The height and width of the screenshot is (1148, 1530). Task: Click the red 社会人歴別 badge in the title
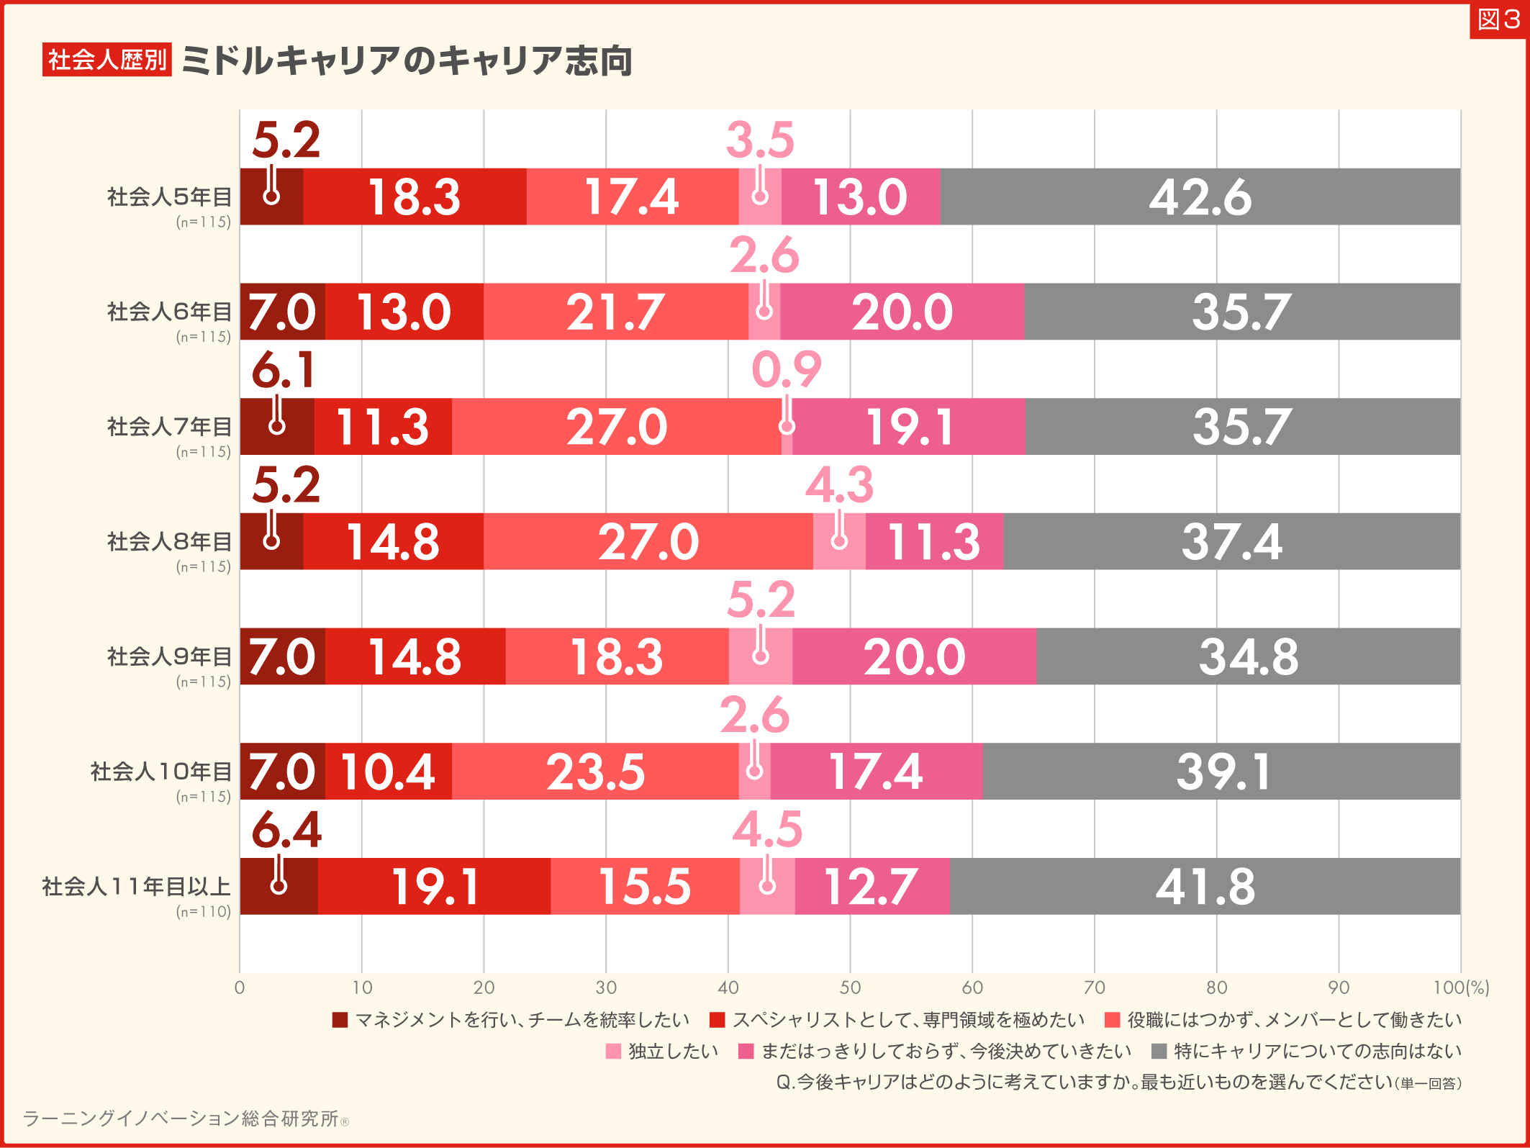click(107, 60)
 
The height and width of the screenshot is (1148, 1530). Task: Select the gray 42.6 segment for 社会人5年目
click(1200, 197)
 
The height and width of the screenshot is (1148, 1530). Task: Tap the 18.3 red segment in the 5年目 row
click(415, 197)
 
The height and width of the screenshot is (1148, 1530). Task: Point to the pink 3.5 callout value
click(760, 140)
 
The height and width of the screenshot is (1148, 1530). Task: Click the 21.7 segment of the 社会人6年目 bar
click(615, 312)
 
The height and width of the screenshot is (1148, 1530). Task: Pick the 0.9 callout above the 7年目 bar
click(786, 370)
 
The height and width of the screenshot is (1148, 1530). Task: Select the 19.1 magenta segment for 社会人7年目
click(909, 427)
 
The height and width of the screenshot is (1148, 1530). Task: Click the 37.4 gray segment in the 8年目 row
click(1231, 541)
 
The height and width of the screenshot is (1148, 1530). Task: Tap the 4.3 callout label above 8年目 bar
click(839, 484)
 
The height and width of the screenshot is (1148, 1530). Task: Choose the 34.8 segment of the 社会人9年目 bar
click(1248, 656)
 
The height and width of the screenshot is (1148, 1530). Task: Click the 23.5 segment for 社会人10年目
click(595, 772)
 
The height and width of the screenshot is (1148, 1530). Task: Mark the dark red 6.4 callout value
click(286, 830)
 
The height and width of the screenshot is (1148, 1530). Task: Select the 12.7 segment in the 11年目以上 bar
click(871, 886)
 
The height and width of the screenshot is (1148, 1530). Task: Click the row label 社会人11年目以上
click(136, 886)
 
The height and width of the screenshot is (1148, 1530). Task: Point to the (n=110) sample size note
click(204, 911)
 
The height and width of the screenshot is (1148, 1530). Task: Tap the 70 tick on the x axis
click(1094, 987)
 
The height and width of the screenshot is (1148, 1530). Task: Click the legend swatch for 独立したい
click(613, 1052)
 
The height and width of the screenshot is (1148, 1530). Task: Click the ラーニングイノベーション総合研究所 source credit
click(181, 1118)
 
